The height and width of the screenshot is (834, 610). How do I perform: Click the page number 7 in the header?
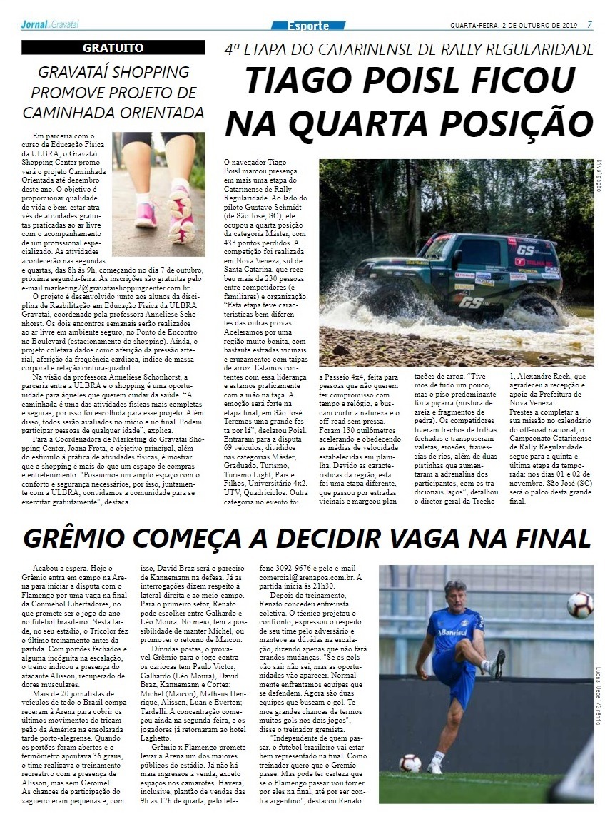589,25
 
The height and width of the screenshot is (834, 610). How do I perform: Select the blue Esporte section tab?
308,26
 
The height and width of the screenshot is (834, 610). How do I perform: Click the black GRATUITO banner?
113,48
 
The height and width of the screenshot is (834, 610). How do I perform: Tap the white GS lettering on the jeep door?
470,302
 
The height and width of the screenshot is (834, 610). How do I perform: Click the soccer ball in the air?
579,605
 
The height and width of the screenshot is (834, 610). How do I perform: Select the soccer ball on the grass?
410,763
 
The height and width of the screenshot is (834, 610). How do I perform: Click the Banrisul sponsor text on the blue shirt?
452,632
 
